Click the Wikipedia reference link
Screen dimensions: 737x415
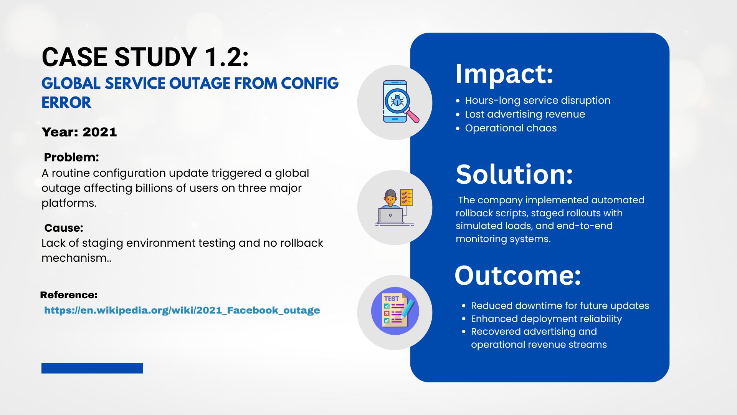[182, 310]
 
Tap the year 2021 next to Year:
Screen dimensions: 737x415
[100, 132]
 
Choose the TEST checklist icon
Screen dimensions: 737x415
[395, 311]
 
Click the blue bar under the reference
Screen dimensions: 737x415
[92, 368]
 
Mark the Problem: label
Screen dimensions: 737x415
[71, 157]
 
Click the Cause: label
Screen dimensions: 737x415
[64, 228]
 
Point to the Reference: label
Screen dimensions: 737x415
[69, 295]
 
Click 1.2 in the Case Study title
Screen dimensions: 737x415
[226, 57]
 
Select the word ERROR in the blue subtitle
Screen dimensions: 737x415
[66, 103]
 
